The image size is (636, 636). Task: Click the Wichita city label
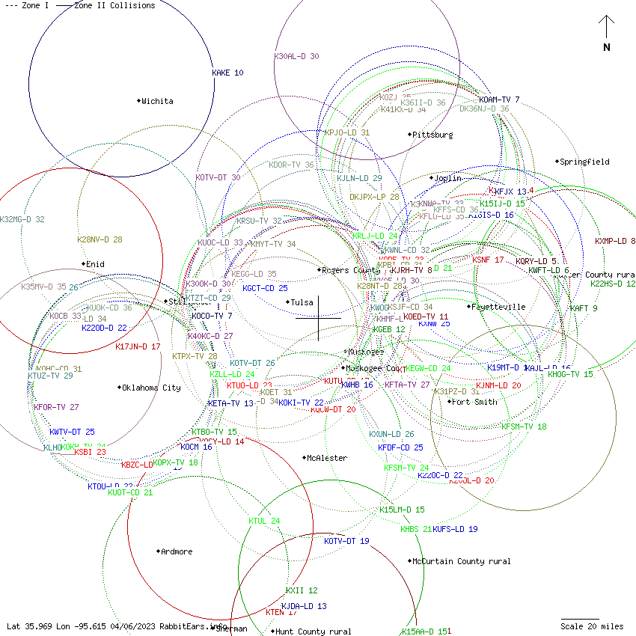coord(157,101)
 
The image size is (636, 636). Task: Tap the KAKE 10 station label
coord(227,73)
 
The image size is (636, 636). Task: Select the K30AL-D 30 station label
coord(296,56)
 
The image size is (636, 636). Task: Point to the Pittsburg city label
coord(432,135)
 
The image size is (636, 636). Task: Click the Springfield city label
coord(585,162)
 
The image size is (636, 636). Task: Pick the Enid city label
coord(95,264)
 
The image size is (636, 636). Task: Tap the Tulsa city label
coord(302,302)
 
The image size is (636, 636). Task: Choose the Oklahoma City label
coord(151,388)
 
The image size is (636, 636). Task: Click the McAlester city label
coord(327,458)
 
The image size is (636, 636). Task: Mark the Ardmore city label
coord(177,551)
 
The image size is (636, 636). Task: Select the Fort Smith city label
coord(475,402)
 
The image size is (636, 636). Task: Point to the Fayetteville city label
coord(498,307)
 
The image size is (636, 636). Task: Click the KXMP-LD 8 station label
coord(615,241)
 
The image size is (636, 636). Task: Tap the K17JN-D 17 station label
coord(138,346)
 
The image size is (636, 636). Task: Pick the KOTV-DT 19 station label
coord(346,541)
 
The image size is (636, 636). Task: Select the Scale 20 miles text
coord(592,626)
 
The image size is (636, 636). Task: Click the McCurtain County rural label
coord(461,561)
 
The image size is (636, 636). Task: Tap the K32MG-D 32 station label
coord(22,219)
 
